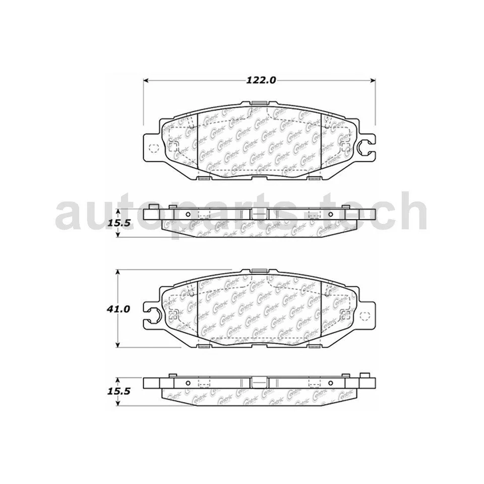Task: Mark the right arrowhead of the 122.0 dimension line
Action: coord(374,80)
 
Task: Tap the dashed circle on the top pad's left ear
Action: coord(154,147)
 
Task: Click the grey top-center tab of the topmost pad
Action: coord(259,104)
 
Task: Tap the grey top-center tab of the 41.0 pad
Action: coord(259,271)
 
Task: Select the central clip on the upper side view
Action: coord(259,214)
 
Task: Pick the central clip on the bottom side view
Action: coord(259,383)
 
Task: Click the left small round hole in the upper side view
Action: coord(188,214)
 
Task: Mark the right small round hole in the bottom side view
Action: coord(330,382)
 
